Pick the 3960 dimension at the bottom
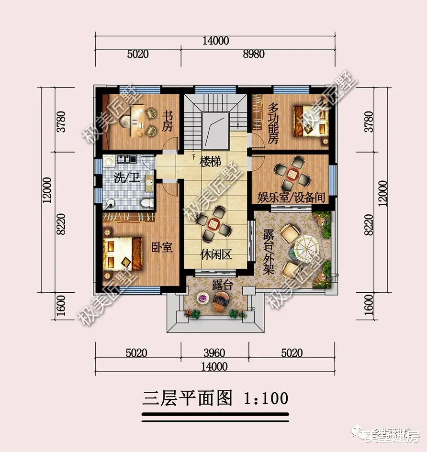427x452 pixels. [214, 353]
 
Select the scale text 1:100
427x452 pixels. [266, 397]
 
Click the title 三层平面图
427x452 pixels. [188, 397]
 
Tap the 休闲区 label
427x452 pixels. [216, 254]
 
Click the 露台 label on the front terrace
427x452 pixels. [222, 286]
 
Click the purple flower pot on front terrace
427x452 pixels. [203, 299]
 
